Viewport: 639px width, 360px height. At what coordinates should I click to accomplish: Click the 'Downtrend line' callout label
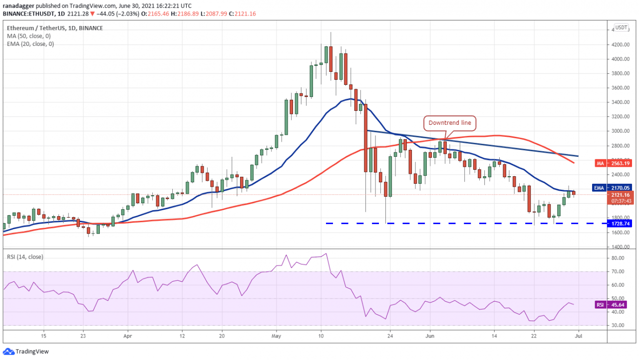[449, 122]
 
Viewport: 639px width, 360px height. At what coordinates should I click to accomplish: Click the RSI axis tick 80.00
[617, 258]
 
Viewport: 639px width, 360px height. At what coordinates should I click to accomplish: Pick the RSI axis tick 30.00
[617, 326]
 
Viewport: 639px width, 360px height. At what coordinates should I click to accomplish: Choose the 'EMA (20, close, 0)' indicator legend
[30, 44]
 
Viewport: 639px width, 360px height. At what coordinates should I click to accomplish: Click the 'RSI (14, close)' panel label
[25, 257]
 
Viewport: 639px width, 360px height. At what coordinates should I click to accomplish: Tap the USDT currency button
[621, 27]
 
